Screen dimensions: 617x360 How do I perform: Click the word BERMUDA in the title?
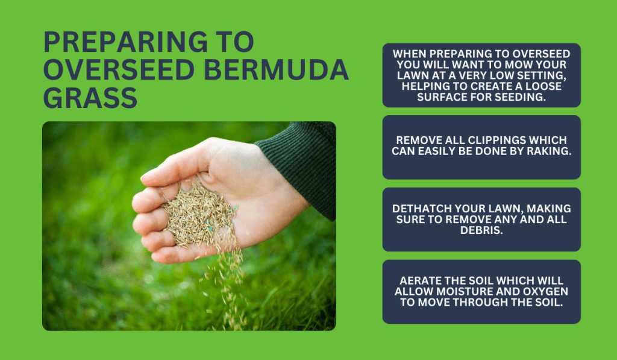coord(276,70)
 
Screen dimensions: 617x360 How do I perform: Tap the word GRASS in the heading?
coord(90,98)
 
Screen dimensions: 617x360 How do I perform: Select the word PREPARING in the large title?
coord(125,42)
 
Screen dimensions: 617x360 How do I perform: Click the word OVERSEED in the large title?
coord(119,70)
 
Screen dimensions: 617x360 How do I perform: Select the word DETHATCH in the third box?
coord(421,209)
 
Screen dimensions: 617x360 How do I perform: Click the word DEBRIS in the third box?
coord(481,230)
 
